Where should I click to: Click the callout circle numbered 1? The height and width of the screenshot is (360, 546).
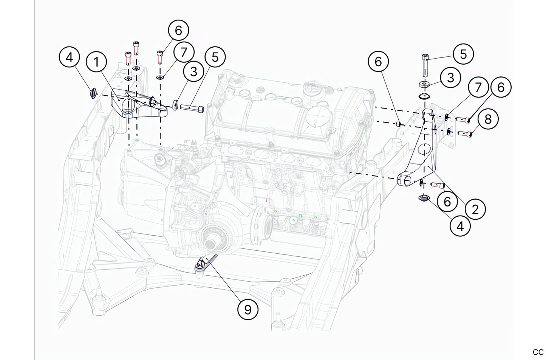[96, 62]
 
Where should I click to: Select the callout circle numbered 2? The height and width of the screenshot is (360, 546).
[475, 209]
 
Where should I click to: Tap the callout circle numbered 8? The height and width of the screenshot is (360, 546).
[488, 119]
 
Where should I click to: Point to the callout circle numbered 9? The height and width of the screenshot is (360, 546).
[247, 309]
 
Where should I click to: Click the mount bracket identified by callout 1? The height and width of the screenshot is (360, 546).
[136, 104]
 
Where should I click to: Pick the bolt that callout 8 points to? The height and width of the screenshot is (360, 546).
[465, 133]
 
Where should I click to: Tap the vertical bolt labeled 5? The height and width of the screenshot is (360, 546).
[425, 64]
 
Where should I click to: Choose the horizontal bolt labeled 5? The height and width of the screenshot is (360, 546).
[191, 109]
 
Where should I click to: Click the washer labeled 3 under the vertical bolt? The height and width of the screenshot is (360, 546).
[424, 84]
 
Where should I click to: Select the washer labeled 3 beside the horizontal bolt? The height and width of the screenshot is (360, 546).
[176, 105]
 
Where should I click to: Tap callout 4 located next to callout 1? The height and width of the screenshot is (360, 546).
[69, 57]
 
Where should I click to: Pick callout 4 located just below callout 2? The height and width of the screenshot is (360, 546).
[460, 226]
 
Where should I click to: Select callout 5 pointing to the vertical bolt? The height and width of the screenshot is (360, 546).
[463, 54]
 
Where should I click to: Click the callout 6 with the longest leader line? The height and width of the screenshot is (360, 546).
[378, 61]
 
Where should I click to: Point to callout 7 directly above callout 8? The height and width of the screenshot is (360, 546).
[478, 87]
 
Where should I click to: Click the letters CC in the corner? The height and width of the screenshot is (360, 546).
[538, 352]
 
